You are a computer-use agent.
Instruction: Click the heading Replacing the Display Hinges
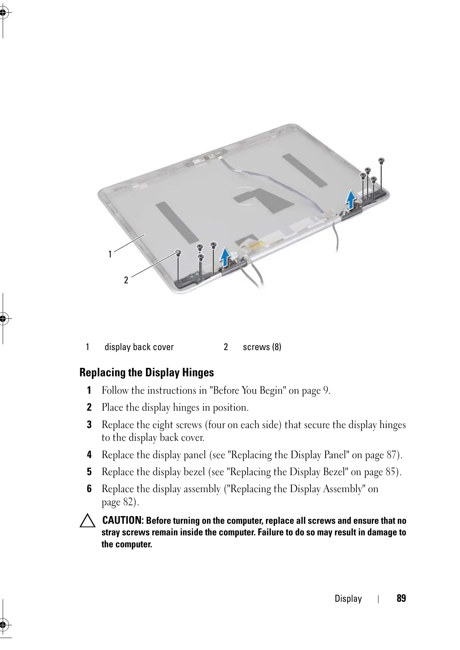pyautogui.click(x=146, y=373)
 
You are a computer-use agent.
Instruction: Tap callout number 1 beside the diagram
pyautogui.click(x=110, y=254)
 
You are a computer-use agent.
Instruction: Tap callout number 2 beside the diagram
pyautogui.click(x=126, y=280)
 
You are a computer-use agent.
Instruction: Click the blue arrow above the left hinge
pyautogui.click(x=226, y=257)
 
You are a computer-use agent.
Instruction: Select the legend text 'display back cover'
pyautogui.click(x=139, y=347)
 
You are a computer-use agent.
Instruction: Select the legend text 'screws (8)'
pyautogui.click(x=262, y=347)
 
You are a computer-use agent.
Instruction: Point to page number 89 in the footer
pyautogui.click(x=401, y=599)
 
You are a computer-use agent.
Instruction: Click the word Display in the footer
pyautogui.click(x=348, y=599)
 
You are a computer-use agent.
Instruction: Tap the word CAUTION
pyautogui.click(x=123, y=520)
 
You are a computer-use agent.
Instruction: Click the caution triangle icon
pyautogui.click(x=88, y=521)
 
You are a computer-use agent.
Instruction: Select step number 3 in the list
pyautogui.click(x=89, y=425)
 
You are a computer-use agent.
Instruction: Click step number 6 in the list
pyautogui.click(x=89, y=489)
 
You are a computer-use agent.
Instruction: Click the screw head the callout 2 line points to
pyautogui.click(x=178, y=253)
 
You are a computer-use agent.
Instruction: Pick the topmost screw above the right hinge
pyautogui.click(x=381, y=160)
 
